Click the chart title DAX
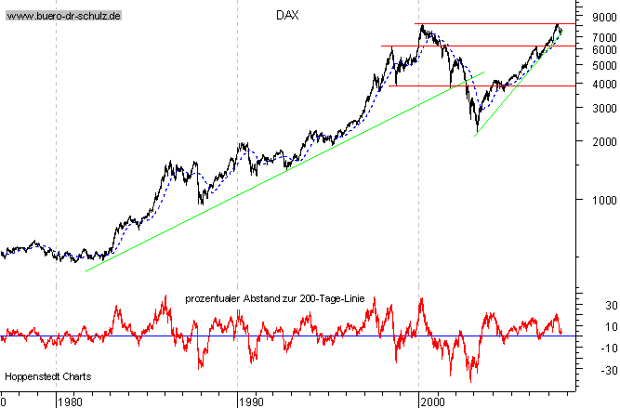tap(287, 15)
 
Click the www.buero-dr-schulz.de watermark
tap(64, 16)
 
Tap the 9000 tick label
tap(602, 16)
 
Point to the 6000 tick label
tap(602, 48)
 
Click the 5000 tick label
tap(602, 65)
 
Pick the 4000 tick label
tap(602, 84)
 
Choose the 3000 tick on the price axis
tap(602, 108)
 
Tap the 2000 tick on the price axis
tap(602, 141)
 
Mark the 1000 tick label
tap(602, 199)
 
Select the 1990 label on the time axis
tap(252, 401)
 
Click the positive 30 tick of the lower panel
tap(611, 306)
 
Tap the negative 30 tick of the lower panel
tap(608, 370)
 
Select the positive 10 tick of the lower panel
tap(611, 326)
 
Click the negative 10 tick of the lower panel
tap(608, 348)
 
